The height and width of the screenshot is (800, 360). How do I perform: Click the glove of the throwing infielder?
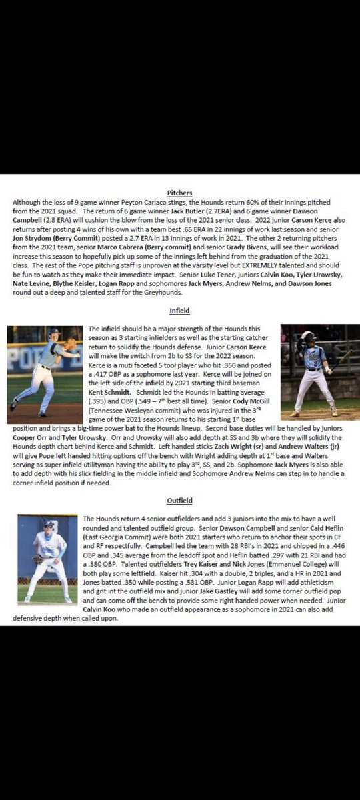click(x=71, y=344)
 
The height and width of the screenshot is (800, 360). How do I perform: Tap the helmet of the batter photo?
click(x=309, y=337)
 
